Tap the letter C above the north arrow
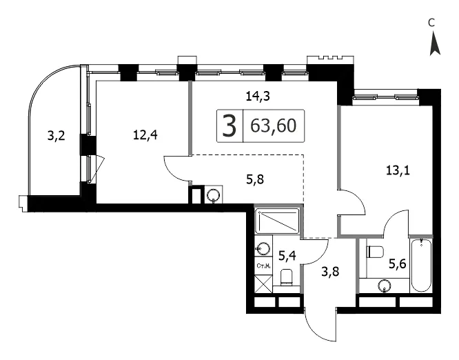[x=431, y=23]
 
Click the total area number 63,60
[x=274, y=126]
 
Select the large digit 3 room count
[x=229, y=126]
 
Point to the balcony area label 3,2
[x=56, y=137]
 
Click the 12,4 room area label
[x=145, y=135]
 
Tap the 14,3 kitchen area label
[x=257, y=96]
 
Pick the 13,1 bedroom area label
[x=398, y=170]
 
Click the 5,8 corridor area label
[x=255, y=179]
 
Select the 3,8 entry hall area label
[x=330, y=272]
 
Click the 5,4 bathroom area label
[x=287, y=256]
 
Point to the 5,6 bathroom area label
[x=397, y=265]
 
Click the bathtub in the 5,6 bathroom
[x=421, y=266]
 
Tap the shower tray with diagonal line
[x=277, y=221]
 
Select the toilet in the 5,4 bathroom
[x=287, y=278]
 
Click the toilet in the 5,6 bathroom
[x=375, y=252]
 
